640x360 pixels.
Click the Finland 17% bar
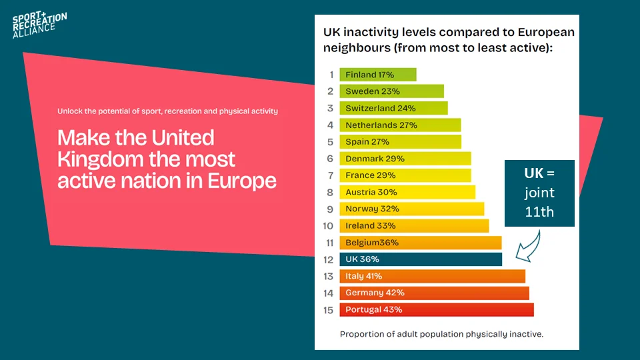click(x=377, y=75)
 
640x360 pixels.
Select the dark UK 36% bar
click(x=420, y=259)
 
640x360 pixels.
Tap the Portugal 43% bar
click(x=436, y=309)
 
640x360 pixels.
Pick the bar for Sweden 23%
click(x=391, y=91)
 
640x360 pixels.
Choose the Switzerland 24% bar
click(x=393, y=108)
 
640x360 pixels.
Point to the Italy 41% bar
click(x=432, y=276)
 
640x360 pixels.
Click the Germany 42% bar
click(x=434, y=293)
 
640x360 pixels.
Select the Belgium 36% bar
click(x=420, y=243)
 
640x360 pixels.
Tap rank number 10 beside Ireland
click(x=328, y=226)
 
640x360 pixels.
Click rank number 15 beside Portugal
click(x=328, y=310)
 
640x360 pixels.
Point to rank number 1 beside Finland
click(x=330, y=75)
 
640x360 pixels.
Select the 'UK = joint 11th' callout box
click(x=539, y=193)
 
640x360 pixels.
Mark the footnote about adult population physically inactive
click(x=441, y=334)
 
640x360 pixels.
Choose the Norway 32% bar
click(x=411, y=209)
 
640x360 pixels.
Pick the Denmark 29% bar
click(x=405, y=159)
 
